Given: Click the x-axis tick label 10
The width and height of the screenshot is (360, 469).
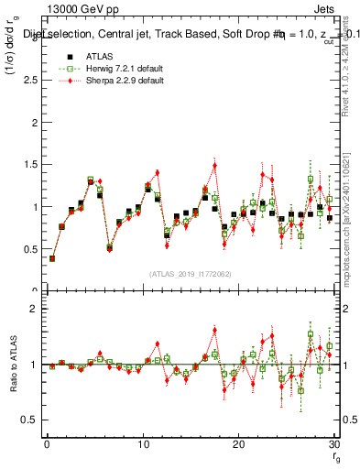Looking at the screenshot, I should [142, 444].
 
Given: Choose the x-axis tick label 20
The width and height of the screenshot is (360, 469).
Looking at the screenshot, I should [238, 444].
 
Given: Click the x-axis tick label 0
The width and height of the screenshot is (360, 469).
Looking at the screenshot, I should [46, 444].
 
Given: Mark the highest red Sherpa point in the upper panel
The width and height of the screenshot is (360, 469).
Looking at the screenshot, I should [214, 166].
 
